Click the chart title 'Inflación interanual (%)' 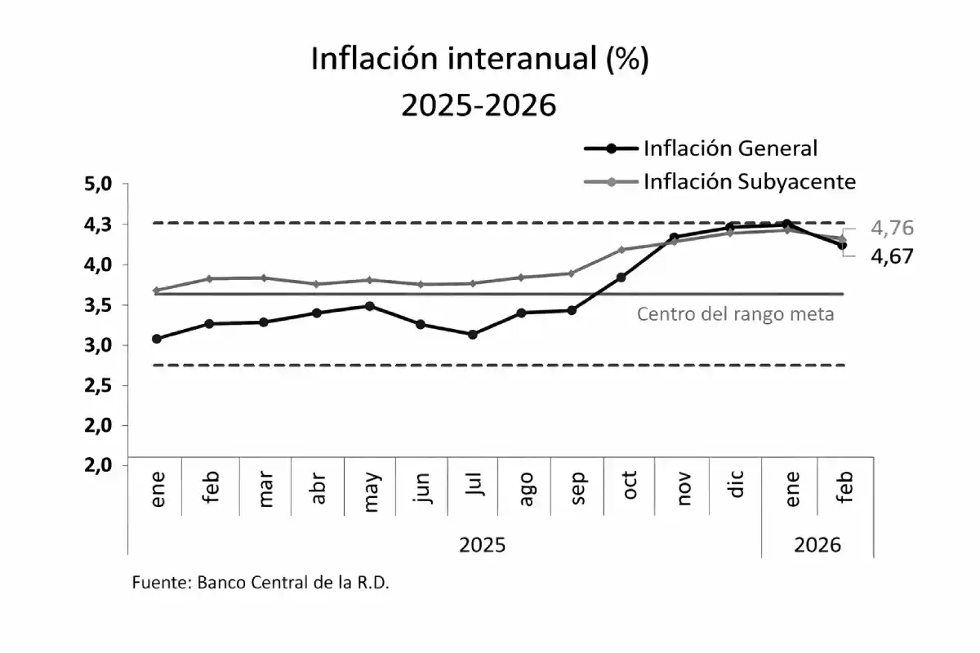[x=479, y=61]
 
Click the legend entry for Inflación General [x=730, y=149]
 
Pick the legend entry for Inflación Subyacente [x=749, y=181]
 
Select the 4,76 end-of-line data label [x=892, y=229]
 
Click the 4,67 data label [x=892, y=256]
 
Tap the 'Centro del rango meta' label [x=735, y=313]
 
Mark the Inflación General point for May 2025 [x=369, y=306]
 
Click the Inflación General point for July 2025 [x=473, y=334]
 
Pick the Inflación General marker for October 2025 [x=621, y=278]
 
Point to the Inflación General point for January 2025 [x=156, y=339]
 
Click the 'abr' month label [x=318, y=488]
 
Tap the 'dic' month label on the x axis [x=737, y=488]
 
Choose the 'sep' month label [x=578, y=488]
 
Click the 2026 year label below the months [x=817, y=544]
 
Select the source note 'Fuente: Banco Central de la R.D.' [x=261, y=584]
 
